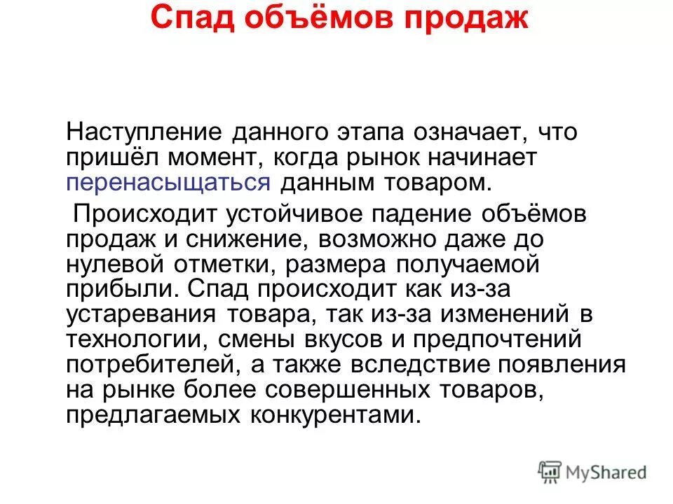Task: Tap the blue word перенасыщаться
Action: (x=169, y=184)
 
